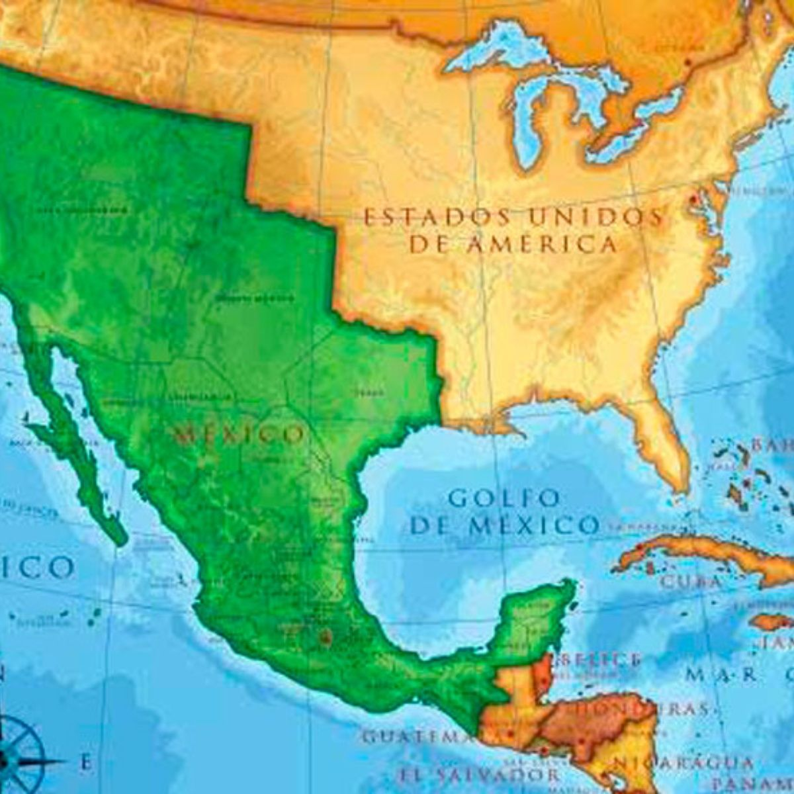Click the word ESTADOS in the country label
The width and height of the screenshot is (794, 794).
[x=437, y=217]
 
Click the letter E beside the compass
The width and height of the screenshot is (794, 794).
[x=85, y=762]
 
